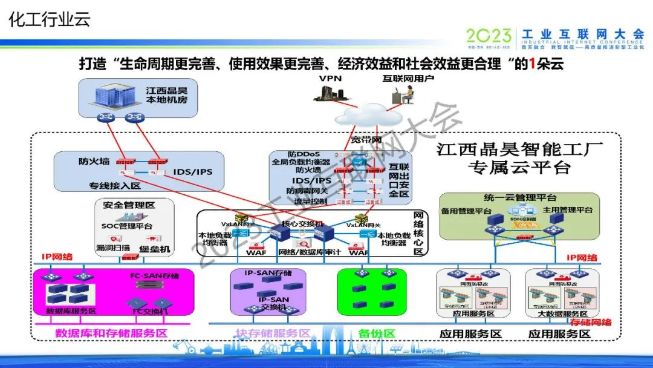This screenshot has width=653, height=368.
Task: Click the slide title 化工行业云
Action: point(49,19)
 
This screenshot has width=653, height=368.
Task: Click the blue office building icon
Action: point(114,96)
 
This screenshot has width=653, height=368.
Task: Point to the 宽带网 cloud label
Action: point(366,140)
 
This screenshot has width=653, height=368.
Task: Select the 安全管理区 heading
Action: point(128,205)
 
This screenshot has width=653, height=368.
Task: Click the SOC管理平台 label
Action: point(127,226)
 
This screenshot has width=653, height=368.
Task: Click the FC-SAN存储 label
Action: point(155,276)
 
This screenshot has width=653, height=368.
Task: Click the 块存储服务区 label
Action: point(272,333)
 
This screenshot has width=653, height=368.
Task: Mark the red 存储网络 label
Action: point(591,321)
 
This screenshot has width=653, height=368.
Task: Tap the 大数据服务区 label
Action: point(563,314)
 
